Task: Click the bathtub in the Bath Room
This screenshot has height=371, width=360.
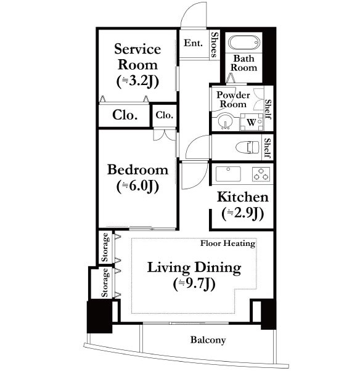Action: coord(243,43)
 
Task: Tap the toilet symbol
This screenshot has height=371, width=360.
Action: coord(247,147)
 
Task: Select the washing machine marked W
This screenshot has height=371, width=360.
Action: coord(252,122)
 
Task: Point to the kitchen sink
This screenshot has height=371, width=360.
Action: coord(228,174)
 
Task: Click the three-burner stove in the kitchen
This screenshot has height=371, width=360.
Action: coord(261,174)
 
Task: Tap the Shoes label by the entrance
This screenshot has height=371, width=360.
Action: coord(214,45)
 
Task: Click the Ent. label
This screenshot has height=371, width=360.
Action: coord(194,43)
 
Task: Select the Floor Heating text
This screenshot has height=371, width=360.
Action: coord(227,243)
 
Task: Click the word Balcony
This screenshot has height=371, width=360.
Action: coord(208,340)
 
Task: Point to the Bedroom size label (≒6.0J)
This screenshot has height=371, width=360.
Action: coord(137,186)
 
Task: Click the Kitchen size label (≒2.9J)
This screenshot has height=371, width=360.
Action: coord(243,213)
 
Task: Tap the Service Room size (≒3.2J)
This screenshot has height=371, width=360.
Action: coord(137,81)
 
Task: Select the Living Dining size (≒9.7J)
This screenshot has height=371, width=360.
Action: coord(194,283)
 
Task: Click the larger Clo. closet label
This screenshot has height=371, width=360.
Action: coord(125,115)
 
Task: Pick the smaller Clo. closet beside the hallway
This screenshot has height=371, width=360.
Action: coord(165,115)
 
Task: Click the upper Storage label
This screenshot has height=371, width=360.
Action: coord(105,248)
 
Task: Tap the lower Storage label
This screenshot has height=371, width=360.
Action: coord(105,282)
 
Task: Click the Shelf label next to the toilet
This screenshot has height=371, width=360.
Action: coord(268,149)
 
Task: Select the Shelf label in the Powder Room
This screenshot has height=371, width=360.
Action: coord(268,109)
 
